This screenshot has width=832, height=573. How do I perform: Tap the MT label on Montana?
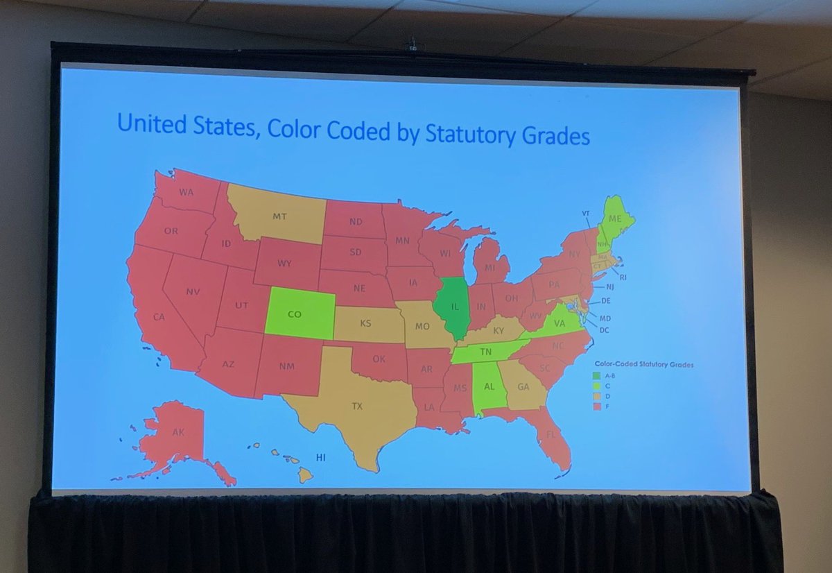279,216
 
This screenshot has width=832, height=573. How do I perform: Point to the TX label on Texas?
357,407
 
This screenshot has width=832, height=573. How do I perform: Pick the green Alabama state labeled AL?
487,386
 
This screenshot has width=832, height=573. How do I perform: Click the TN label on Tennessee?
486,352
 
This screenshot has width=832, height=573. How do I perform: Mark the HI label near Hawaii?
321,458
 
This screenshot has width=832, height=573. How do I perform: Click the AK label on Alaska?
178,432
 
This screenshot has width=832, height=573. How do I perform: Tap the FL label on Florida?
552,436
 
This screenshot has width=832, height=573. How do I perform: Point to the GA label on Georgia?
523,388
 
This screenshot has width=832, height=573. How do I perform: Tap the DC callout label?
604,330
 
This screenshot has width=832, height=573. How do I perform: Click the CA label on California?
159,317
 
